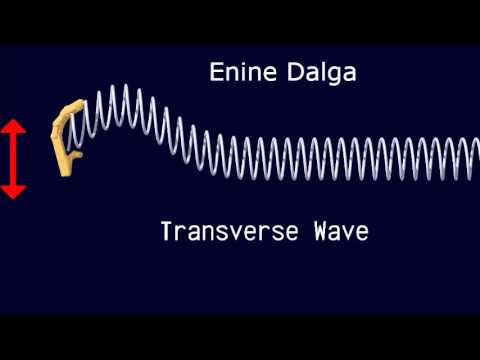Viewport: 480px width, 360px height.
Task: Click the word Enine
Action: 234,72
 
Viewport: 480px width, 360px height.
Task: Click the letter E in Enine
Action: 215,72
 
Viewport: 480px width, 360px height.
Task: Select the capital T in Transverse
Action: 166,232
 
